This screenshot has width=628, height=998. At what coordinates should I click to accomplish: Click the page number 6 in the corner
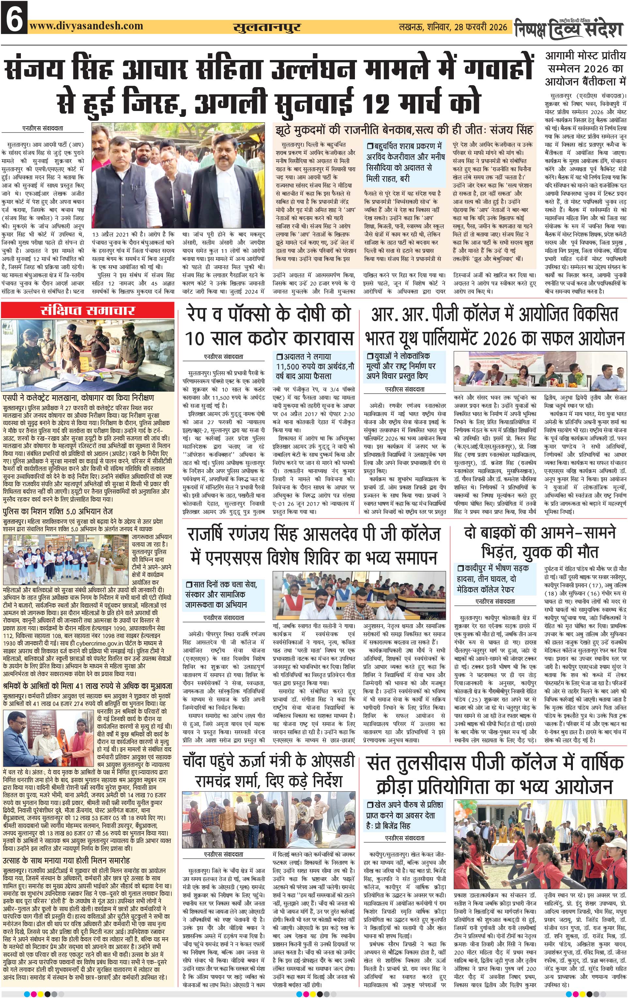coord(14,17)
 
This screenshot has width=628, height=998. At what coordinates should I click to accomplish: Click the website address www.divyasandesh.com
coord(86,26)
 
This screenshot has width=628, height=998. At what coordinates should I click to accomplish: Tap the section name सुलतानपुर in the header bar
coord(267,27)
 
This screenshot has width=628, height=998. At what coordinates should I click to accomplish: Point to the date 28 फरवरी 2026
coord(481,27)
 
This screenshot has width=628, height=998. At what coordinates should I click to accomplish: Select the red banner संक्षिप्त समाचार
coord(88,310)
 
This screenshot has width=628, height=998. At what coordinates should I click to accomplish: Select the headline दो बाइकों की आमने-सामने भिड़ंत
coord(540,542)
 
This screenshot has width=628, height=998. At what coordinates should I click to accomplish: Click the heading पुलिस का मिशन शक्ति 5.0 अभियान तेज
coord(58,511)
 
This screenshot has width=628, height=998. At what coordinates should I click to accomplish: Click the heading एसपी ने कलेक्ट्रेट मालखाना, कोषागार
coord(79,398)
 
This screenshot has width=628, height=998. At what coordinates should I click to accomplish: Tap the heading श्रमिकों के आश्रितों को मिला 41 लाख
coord(87,686)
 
